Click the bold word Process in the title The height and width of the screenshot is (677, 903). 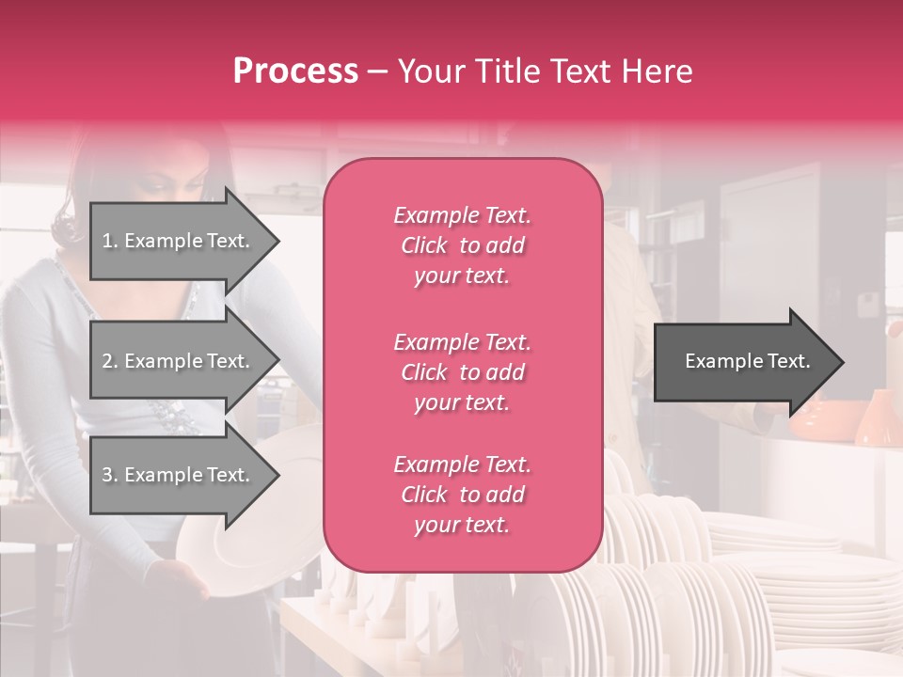click(295, 71)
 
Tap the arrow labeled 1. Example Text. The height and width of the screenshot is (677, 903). click(179, 241)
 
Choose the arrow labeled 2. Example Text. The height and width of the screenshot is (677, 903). click(179, 361)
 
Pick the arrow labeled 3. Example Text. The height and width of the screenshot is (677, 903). click(179, 476)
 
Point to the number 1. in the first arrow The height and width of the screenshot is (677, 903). click(110, 241)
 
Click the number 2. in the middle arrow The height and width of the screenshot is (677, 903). click(110, 361)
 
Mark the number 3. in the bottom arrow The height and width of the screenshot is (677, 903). click(110, 476)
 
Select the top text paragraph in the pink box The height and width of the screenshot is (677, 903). click(462, 245)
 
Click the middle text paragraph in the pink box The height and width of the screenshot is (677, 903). click(462, 372)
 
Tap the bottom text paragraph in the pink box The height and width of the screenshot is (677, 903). click(462, 495)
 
